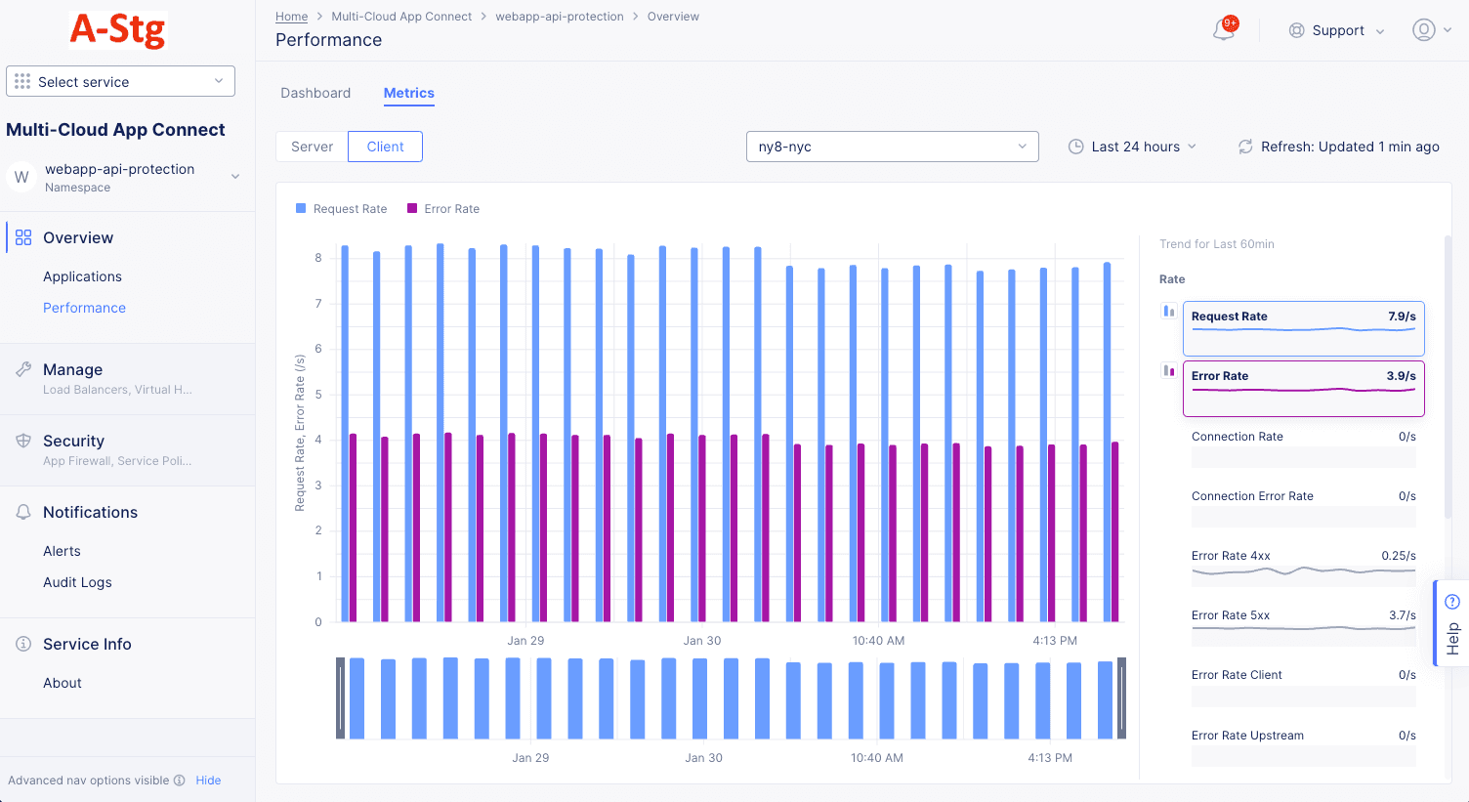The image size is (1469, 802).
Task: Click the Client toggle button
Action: coord(385,147)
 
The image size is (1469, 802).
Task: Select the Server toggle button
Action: coord(312,147)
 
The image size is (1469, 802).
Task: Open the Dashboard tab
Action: coord(315,93)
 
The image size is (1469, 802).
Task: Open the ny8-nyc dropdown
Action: coord(892,147)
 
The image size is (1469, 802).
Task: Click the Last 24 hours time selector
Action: coord(1132,147)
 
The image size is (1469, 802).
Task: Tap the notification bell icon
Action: coord(1224,29)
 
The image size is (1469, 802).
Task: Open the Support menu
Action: coord(1336,30)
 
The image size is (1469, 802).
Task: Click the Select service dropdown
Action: coord(120,81)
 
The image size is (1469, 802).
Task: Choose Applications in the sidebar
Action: coord(82,276)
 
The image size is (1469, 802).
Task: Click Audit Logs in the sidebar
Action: coord(77,582)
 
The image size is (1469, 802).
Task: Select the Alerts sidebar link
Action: coord(62,551)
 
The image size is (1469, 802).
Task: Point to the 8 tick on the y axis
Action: coord(318,258)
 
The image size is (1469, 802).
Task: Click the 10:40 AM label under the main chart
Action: coord(878,641)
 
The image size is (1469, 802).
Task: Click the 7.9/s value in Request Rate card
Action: coord(1402,317)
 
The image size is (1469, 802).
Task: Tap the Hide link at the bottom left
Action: coord(208,781)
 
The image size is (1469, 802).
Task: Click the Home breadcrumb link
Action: coord(291,17)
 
